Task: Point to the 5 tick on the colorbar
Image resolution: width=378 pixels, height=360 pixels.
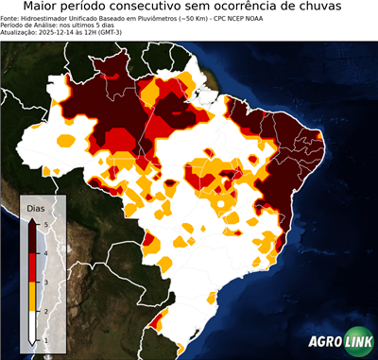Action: point(45,224)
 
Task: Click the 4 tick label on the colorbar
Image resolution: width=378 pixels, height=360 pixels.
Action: point(45,252)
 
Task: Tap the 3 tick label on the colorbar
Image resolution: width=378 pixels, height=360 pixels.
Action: point(45,282)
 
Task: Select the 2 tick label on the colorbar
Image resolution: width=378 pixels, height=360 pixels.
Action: point(45,311)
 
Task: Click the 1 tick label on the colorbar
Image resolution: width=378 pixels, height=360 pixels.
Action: point(45,339)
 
